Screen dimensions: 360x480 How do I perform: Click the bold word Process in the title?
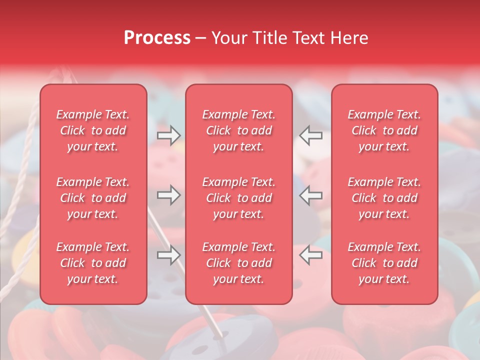point(157,38)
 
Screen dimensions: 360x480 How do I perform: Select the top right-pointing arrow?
point(168,135)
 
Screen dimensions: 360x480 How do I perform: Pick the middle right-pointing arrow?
point(168,195)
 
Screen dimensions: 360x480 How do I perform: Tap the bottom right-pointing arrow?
point(168,255)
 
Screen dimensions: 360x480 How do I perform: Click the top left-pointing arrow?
point(311,135)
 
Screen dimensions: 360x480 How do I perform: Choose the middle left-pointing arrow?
point(311,195)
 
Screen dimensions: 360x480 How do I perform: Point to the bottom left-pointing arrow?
point(311,255)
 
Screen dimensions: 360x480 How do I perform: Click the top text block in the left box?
point(93,130)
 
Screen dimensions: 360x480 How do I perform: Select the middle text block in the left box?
point(93,198)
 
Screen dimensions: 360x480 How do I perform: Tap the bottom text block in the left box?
point(93,263)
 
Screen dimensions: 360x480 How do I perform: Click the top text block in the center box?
point(238,130)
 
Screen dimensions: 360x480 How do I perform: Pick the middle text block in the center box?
point(238,198)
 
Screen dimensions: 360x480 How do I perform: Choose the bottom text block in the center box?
point(238,263)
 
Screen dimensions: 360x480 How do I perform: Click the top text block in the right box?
point(384,130)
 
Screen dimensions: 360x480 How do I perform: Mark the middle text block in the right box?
point(384,198)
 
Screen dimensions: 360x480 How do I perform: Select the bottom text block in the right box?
point(384,263)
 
